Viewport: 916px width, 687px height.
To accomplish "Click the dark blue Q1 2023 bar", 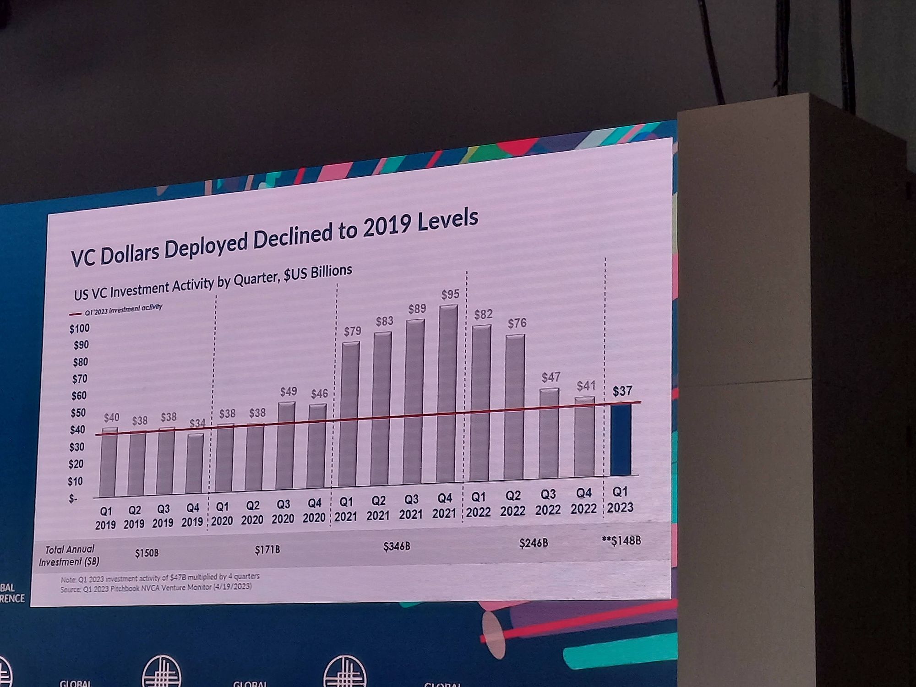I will coord(621,440).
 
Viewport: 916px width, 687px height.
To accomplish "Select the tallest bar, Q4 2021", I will coord(447,394).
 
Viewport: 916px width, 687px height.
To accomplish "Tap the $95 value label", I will coord(450,294).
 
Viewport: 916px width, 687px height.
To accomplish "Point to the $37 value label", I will coord(622,391).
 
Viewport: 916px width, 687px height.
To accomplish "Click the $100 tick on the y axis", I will coord(80,328).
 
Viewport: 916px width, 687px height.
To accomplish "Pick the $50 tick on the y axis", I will coord(78,413).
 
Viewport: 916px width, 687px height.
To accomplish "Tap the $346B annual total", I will coord(397,546).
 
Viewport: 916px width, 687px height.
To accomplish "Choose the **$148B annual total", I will coord(622,541).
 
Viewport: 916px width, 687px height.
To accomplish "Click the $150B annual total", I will coord(147,553).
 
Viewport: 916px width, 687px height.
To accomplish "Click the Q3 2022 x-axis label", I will coord(548,502).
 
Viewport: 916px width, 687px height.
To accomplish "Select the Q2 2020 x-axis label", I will coord(252,513).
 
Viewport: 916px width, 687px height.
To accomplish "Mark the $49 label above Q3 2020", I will coord(289,392).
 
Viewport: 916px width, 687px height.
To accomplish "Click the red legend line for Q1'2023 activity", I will coord(76,314).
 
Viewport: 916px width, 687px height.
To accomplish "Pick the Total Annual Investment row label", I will coord(69,555).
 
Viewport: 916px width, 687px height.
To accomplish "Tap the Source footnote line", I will coord(156,587).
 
